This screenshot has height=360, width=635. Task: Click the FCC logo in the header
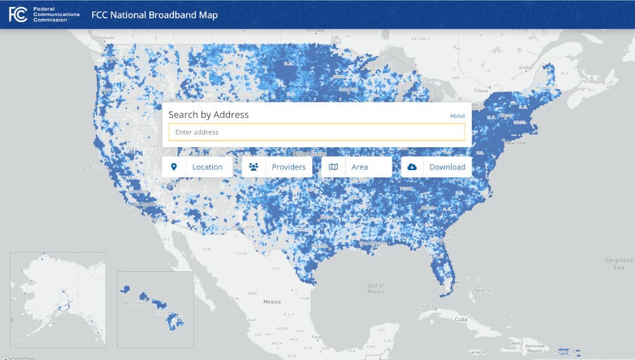click(18, 15)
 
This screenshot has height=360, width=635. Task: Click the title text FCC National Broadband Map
click(154, 15)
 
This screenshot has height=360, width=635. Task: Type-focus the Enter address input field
click(316, 132)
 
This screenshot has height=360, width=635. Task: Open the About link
click(457, 116)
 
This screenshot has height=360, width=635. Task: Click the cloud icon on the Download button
click(412, 167)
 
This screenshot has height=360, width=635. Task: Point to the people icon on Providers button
click(254, 167)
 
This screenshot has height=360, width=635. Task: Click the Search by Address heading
click(208, 115)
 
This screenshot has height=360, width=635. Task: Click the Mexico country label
click(272, 302)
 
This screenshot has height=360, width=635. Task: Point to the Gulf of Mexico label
click(375, 288)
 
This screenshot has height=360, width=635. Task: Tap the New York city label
click(516, 143)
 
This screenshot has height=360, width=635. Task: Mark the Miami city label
click(462, 281)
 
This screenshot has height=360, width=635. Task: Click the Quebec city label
click(525, 67)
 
